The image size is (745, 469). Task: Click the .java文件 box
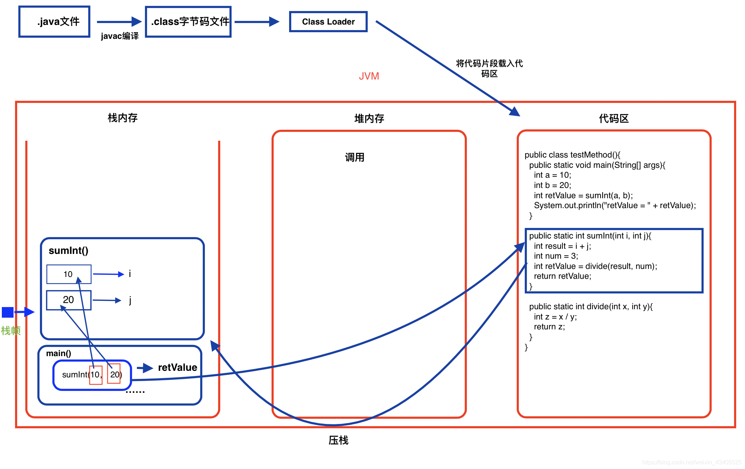pos(55,22)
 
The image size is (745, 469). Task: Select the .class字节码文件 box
pos(188,22)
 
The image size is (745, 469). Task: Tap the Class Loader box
pos(328,22)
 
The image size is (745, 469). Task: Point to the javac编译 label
pos(120,36)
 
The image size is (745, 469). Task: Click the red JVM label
pos(369,76)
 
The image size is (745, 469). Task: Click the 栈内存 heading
pos(123,118)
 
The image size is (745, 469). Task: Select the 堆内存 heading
pos(369,118)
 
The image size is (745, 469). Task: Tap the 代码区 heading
pos(614,118)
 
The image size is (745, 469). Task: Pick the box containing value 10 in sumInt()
pos(68,274)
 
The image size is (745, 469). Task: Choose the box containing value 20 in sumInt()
pos(68,300)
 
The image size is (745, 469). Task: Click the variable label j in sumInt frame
pos(130,300)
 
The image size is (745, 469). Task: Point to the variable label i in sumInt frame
pos(130,274)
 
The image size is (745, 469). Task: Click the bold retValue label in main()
pos(177,367)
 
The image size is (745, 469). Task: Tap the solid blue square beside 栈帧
pos(8,312)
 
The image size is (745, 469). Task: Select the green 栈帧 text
pos(11,330)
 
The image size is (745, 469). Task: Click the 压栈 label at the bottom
pos(338,440)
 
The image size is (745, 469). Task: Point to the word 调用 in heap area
pos(355,157)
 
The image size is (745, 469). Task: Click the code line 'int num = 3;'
pos(556,256)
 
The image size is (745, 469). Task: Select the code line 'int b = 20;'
pos(552,185)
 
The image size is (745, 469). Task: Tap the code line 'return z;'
pos(549,326)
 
